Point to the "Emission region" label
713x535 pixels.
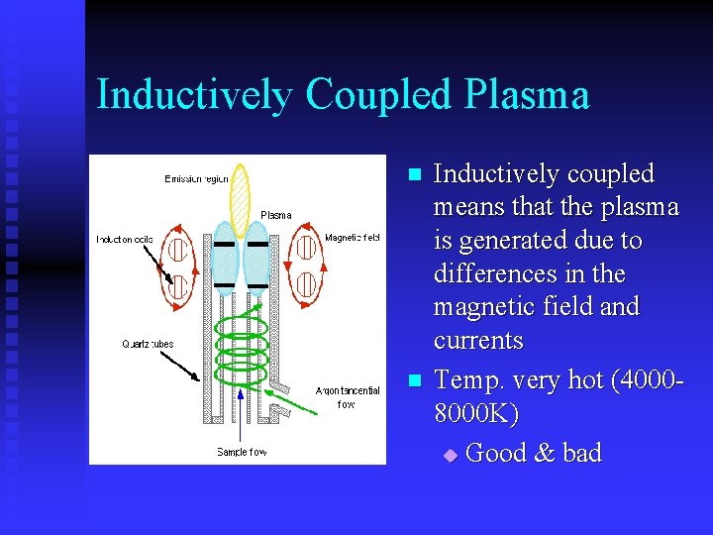pos(196,179)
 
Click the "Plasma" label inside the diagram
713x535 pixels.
pos(275,215)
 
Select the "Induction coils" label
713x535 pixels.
pos(125,240)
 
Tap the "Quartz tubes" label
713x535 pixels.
pos(148,344)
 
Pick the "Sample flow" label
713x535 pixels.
pos(242,452)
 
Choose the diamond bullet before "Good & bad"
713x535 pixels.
pos(451,455)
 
